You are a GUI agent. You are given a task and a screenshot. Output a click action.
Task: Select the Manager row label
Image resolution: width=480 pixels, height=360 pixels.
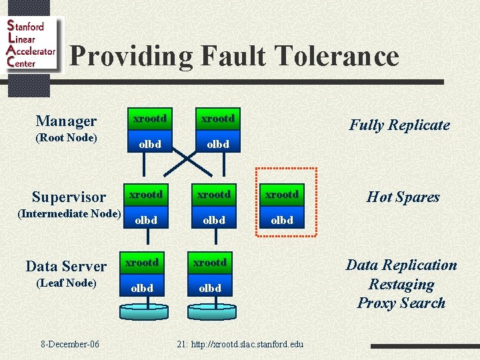pos(66,121)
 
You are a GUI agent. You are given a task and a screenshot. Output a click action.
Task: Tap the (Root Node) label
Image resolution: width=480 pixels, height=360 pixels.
pos(66,138)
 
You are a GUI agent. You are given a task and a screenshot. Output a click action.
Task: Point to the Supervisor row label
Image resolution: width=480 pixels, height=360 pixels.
pos(69,197)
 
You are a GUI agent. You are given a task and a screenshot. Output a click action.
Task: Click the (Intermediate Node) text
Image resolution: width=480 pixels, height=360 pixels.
pos(69,214)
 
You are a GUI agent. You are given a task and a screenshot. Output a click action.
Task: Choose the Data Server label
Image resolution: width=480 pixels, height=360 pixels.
pos(66,266)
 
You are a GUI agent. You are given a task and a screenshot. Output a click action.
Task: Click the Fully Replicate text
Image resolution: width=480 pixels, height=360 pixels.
pos(399,125)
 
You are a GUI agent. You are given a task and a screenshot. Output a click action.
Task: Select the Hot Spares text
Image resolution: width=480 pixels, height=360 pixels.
pos(403,197)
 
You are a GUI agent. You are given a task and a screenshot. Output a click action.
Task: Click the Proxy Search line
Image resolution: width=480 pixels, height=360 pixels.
pos(401,303)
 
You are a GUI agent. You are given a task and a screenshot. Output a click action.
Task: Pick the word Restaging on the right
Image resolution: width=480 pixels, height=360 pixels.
pos(401,285)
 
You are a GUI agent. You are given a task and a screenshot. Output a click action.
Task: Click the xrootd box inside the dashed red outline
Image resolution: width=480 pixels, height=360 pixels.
pos(281,195)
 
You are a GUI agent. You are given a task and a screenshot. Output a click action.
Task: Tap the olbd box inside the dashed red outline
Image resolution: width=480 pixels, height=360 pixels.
pos(281,220)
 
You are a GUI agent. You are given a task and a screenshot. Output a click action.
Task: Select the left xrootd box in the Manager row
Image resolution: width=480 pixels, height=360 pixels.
pos(150,119)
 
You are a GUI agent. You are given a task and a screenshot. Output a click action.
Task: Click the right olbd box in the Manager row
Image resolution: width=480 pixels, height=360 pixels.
pos(218,144)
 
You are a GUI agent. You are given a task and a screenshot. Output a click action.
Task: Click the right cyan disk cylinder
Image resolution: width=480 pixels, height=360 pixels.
pos(211,310)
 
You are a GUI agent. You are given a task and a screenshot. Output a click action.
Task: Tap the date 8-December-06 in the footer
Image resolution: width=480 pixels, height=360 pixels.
pos(70,344)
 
